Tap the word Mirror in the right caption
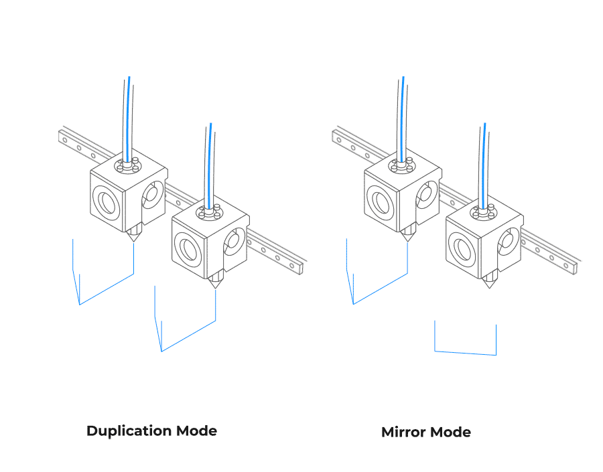pyautogui.click(x=403, y=432)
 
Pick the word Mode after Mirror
pyautogui.click(x=450, y=432)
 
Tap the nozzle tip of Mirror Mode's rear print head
pyautogui.click(x=407, y=240)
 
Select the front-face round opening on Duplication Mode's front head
pyautogui.click(x=188, y=247)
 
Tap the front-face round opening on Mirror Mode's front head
pyautogui.click(x=462, y=247)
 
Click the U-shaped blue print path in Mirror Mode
pyautogui.click(x=465, y=351)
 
